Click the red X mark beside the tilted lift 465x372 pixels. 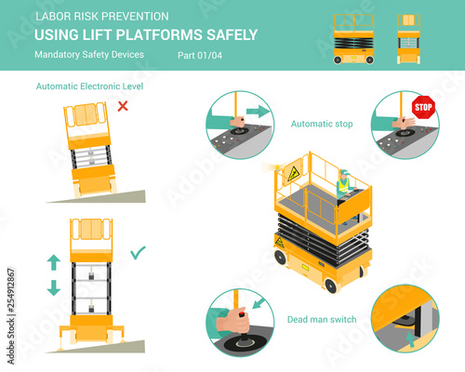click(x=123, y=106)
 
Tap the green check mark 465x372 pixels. click(x=138, y=253)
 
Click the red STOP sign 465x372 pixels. click(x=423, y=107)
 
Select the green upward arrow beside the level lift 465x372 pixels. click(x=54, y=262)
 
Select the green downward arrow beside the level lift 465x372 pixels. click(x=54, y=287)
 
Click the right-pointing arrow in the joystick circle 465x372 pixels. click(x=258, y=111)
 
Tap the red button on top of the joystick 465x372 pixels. click(x=242, y=314)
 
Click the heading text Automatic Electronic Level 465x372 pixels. click(x=89, y=86)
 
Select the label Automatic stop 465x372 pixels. click(x=322, y=124)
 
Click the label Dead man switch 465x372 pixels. click(x=322, y=319)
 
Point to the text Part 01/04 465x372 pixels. click(x=200, y=56)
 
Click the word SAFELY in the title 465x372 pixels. click(x=232, y=34)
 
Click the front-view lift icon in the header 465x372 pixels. click(x=408, y=39)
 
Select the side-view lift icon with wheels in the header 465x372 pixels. click(x=353, y=39)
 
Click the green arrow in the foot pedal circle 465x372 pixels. click(x=410, y=339)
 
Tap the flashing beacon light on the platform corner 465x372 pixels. click(x=277, y=167)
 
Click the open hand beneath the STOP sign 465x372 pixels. click(x=404, y=122)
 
